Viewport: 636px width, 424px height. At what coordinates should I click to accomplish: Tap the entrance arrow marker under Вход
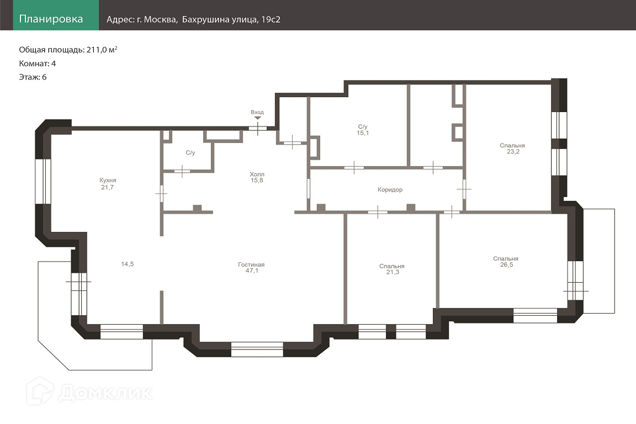click(x=258, y=118)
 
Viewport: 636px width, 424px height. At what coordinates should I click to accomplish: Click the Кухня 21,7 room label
click(x=108, y=184)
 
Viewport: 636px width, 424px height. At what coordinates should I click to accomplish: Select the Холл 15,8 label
click(x=257, y=177)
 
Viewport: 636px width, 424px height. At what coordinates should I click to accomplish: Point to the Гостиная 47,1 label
click(x=252, y=267)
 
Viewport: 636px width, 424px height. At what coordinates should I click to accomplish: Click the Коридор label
click(x=390, y=189)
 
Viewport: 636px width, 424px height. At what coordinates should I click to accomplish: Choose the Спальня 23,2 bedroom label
click(x=513, y=149)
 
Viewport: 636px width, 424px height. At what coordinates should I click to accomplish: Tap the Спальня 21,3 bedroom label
click(x=392, y=269)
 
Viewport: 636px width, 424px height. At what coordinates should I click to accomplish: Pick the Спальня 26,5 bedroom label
click(x=506, y=262)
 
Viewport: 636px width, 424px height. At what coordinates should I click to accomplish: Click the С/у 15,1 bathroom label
click(x=363, y=130)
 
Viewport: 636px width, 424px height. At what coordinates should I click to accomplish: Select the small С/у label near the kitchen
click(x=190, y=152)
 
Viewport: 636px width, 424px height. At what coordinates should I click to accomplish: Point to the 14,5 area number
click(x=128, y=264)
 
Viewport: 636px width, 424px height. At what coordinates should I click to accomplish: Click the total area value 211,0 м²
click(x=102, y=50)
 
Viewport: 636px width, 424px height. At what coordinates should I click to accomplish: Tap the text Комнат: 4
click(x=38, y=63)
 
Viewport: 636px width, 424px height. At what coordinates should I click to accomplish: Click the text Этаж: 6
click(x=33, y=77)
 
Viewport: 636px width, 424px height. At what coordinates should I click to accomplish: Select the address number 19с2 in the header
click(x=271, y=19)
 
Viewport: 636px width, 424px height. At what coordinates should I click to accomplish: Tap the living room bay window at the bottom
click(x=257, y=349)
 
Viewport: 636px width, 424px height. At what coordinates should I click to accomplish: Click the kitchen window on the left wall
click(x=43, y=181)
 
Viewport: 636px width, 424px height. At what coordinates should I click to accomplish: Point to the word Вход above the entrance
click(x=257, y=113)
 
